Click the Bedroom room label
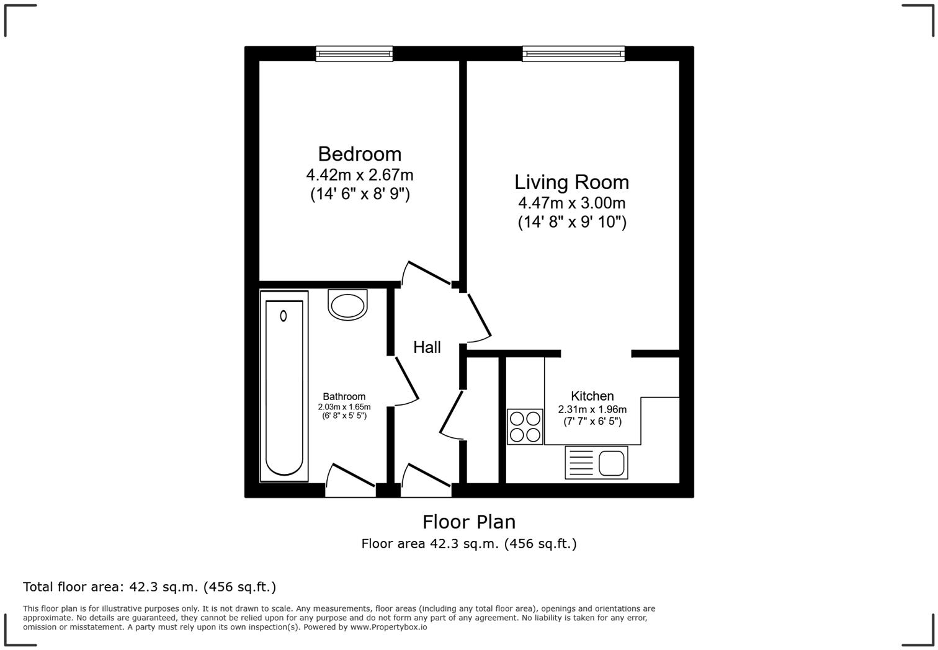(359, 154)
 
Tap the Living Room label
(571, 182)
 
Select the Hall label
(427, 347)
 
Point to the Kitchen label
(592, 396)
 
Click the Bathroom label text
(344, 396)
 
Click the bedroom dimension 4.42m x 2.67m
(359, 175)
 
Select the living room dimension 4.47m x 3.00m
(571, 203)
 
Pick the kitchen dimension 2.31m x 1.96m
(592, 409)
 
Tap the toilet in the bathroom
(347, 305)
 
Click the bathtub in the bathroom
(284, 386)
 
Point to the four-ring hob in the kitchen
(525, 427)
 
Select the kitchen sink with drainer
(596, 463)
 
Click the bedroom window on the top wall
(354, 54)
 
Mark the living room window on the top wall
(573, 54)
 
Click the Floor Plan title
(469, 522)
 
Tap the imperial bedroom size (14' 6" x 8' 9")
(360, 194)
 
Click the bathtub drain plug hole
(284, 316)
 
